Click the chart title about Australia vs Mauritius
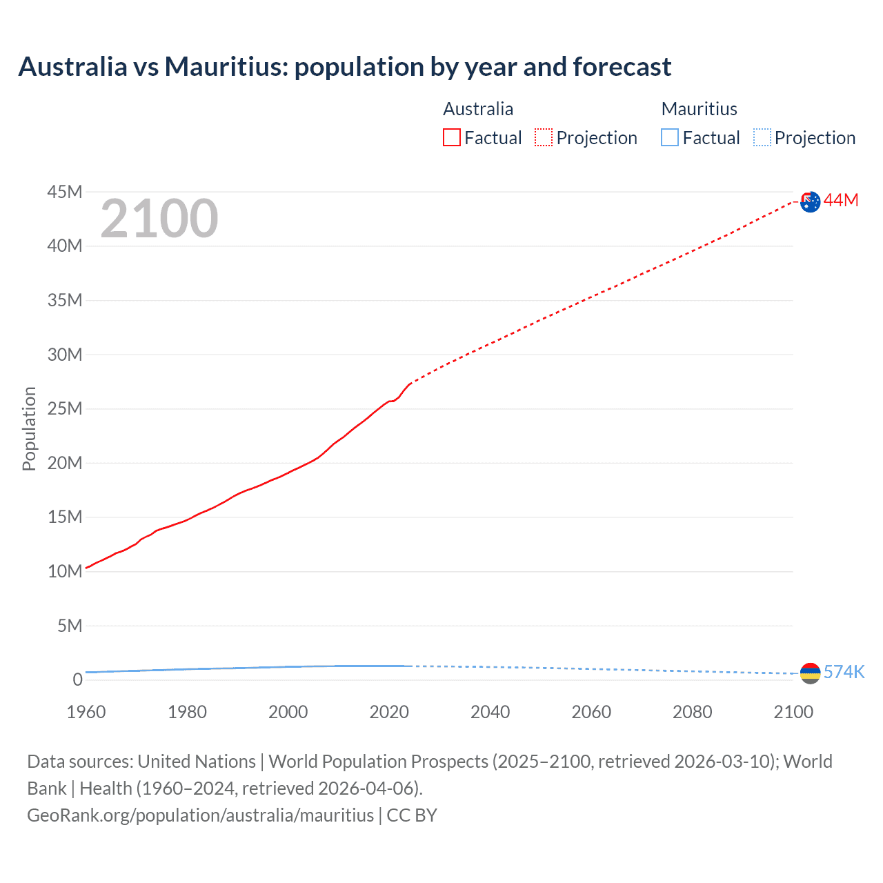[344, 67]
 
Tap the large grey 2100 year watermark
[159, 219]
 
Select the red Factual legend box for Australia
[452, 138]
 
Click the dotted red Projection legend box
[544, 138]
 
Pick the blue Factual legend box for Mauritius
[670, 138]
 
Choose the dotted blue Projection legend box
[762, 138]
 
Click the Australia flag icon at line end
[811, 201]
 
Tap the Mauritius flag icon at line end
[811, 673]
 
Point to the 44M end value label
[841, 200]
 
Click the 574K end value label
[844, 672]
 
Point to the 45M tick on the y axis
[65, 192]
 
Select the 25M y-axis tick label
[65, 408]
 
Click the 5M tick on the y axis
[70, 626]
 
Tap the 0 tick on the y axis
[77, 679]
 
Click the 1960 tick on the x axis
[86, 712]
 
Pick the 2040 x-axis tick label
[490, 712]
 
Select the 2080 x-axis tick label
[692, 712]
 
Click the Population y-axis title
[29, 428]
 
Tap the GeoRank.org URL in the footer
[200, 815]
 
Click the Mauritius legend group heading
[699, 109]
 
